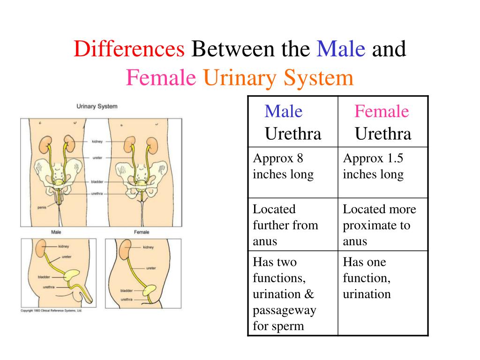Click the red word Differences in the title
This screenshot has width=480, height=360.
pyautogui.click(x=129, y=49)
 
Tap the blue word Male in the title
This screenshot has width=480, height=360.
pyautogui.click(x=341, y=49)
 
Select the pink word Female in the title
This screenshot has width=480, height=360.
pyautogui.click(x=161, y=78)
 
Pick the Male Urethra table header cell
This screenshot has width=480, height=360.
pyautogui.click(x=293, y=122)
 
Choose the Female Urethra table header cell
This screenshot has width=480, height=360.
pyautogui.click(x=383, y=122)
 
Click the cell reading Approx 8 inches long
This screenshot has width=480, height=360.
pyautogui.click(x=293, y=172)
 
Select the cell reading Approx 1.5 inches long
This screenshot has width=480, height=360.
pyautogui.click(x=383, y=172)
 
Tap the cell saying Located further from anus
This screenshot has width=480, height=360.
pyautogui.click(x=293, y=225)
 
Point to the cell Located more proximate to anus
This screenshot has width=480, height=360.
pyautogui.click(x=383, y=225)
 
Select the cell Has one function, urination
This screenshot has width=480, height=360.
pyautogui.click(x=383, y=293)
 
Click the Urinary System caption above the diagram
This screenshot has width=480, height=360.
pyautogui.click(x=97, y=106)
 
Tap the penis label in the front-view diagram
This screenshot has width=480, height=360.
pyautogui.click(x=42, y=208)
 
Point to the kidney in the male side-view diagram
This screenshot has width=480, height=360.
pyautogui.click(x=41, y=248)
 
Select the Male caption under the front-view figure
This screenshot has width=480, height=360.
pyautogui.click(x=56, y=232)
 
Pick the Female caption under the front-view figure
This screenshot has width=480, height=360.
pyautogui.click(x=142, y=232)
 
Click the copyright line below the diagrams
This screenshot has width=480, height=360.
pyautogui.click(x=52, y=310)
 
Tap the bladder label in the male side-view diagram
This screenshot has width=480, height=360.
pyautogui.click(x=44, y=277)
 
